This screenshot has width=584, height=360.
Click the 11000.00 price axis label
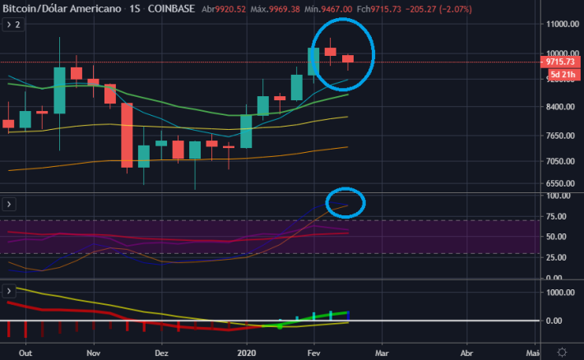(x=563, y=24)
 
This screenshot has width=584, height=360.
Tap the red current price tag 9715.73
(x=560, y=62)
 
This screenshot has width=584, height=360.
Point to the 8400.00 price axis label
(x=560, y=107)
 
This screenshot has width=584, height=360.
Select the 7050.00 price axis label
(x=560, y=161)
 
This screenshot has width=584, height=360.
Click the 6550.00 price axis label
(x=560, y=183)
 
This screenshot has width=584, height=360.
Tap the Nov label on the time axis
(x=94, y=353)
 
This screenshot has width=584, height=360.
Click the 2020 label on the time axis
(x=247, y=353)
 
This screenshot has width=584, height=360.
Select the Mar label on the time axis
(x=382, y=353)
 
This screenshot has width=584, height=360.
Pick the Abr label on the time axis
(x=466, y=353)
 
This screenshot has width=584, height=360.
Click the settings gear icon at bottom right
(x=562, y=352)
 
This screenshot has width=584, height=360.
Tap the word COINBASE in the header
(x=171, y=8)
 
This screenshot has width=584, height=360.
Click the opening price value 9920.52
(x=230, y=9)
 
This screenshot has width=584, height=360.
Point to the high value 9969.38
(x=284, y=9)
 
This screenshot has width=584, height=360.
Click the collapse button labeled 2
(x=13, y=25)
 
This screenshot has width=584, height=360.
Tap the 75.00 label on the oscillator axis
(x=556, y=217)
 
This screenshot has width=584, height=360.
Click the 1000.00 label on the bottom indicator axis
(x=560, y=293)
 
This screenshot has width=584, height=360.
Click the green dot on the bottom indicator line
(x=280, y=326)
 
